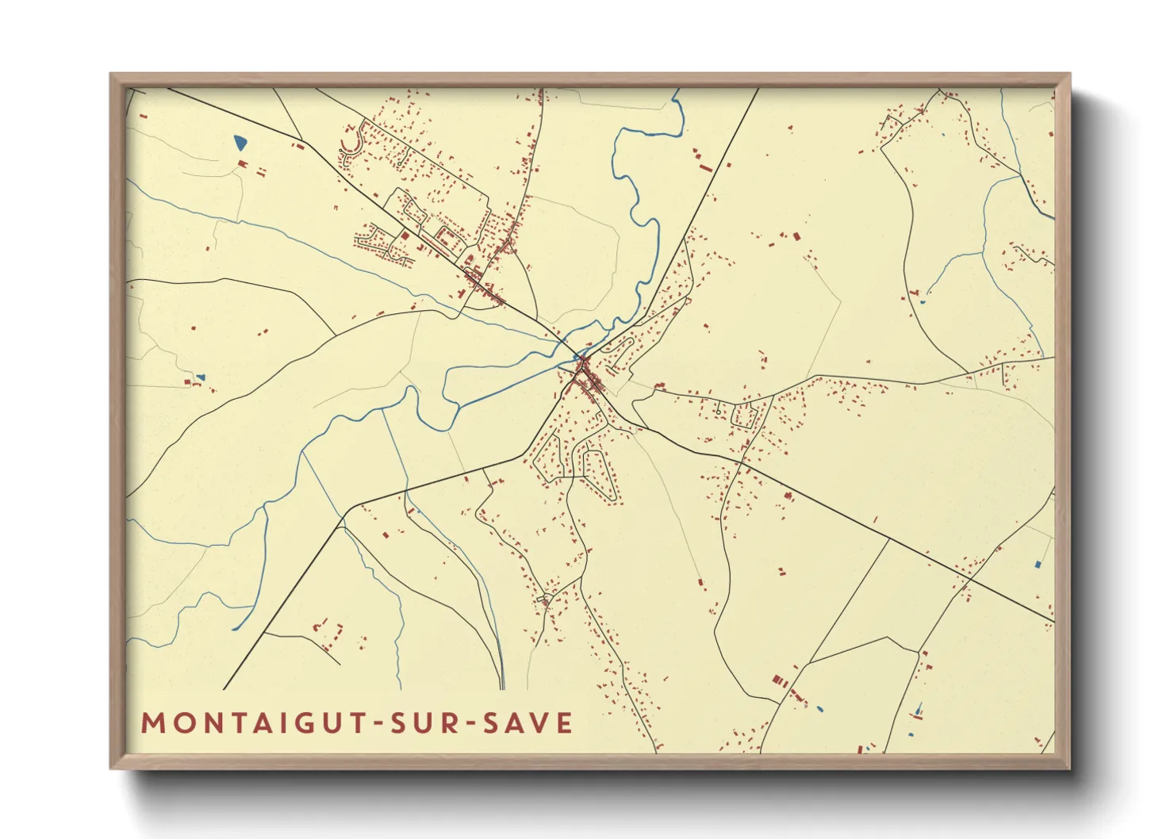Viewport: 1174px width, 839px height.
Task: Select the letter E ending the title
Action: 564,723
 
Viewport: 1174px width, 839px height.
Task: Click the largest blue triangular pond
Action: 240,144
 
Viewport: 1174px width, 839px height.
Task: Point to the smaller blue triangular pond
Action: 201,377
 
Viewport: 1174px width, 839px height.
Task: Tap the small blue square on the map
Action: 1038,565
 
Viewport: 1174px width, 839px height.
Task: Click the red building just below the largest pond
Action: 243,163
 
